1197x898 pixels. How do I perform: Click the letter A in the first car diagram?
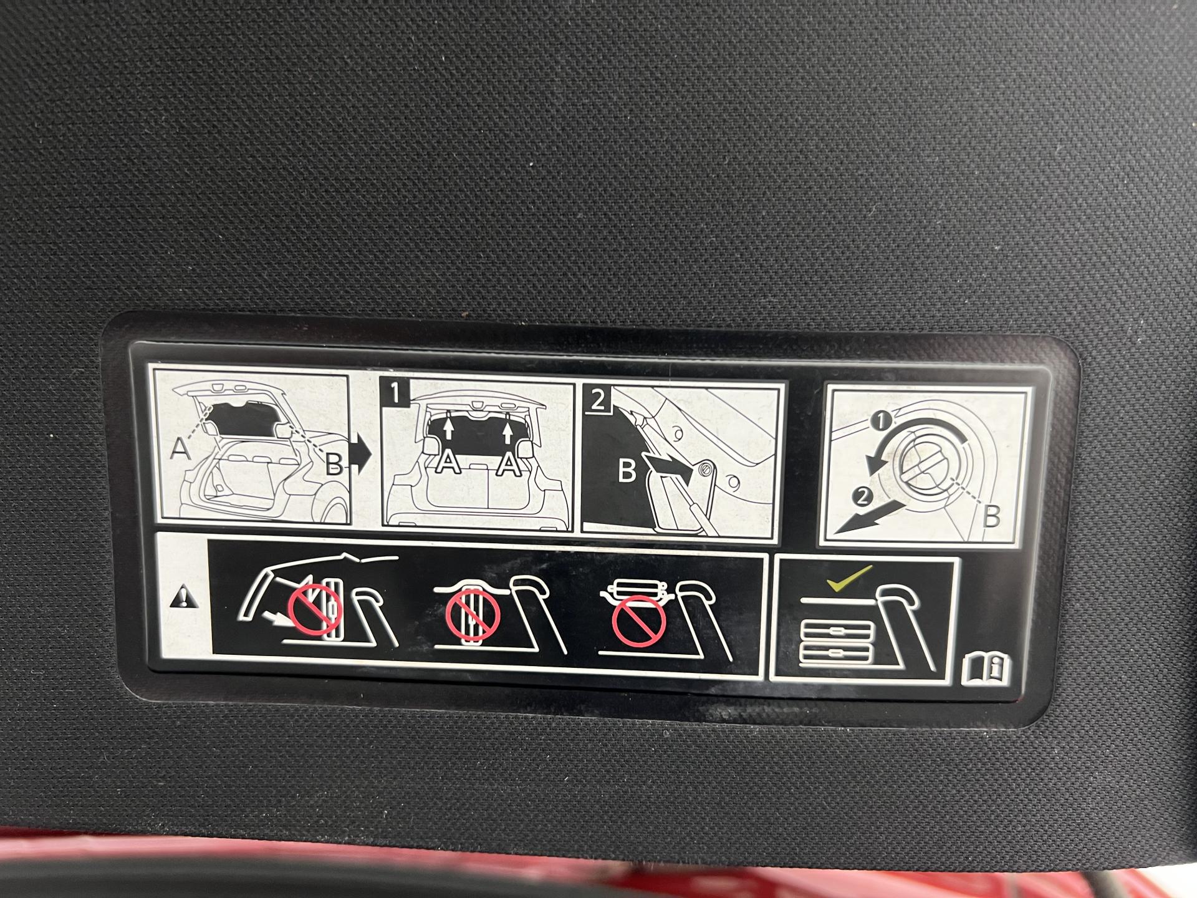pos(180,448)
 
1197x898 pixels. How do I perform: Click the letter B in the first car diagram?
pos(334,464)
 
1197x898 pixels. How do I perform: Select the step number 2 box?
pos(597,398)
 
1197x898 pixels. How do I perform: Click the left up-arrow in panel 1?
pos(447,430)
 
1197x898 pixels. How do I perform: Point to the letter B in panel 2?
pos(627,471)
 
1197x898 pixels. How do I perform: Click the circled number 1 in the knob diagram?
pos(881,422)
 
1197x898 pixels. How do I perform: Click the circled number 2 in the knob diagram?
pos(863,497)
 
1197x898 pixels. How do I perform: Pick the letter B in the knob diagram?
pos(991,516)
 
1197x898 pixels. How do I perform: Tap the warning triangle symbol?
pos(185,599)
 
